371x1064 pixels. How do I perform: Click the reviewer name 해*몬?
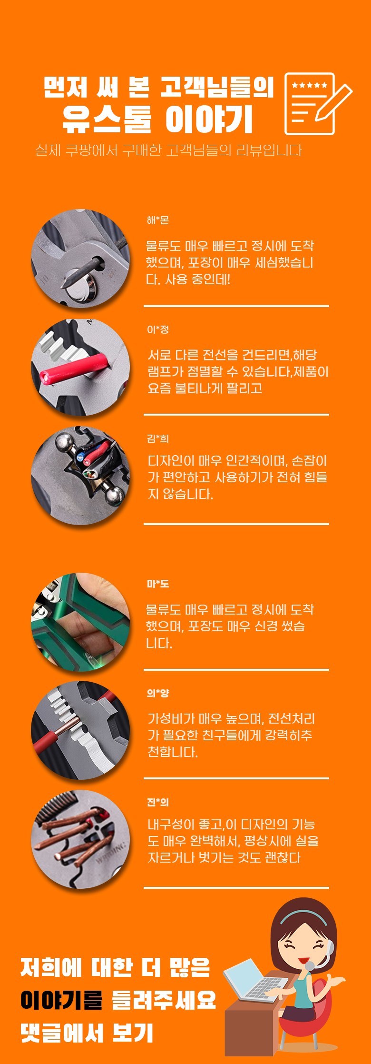(157, 220)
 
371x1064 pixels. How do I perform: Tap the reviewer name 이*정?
(157, 329)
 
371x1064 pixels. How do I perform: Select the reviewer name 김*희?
(157, 438)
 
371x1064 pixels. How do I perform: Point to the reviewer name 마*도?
(157, 584)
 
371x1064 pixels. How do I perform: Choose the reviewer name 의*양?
(157, 693)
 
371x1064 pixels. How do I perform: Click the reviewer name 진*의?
(157, 802)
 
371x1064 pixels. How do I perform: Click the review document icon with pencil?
(318, 104)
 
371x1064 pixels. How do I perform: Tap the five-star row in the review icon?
(309, 86)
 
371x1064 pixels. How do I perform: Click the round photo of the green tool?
(80, 622)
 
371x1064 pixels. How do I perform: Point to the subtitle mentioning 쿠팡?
(168, 150)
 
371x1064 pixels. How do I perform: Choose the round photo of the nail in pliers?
(80, 259)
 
